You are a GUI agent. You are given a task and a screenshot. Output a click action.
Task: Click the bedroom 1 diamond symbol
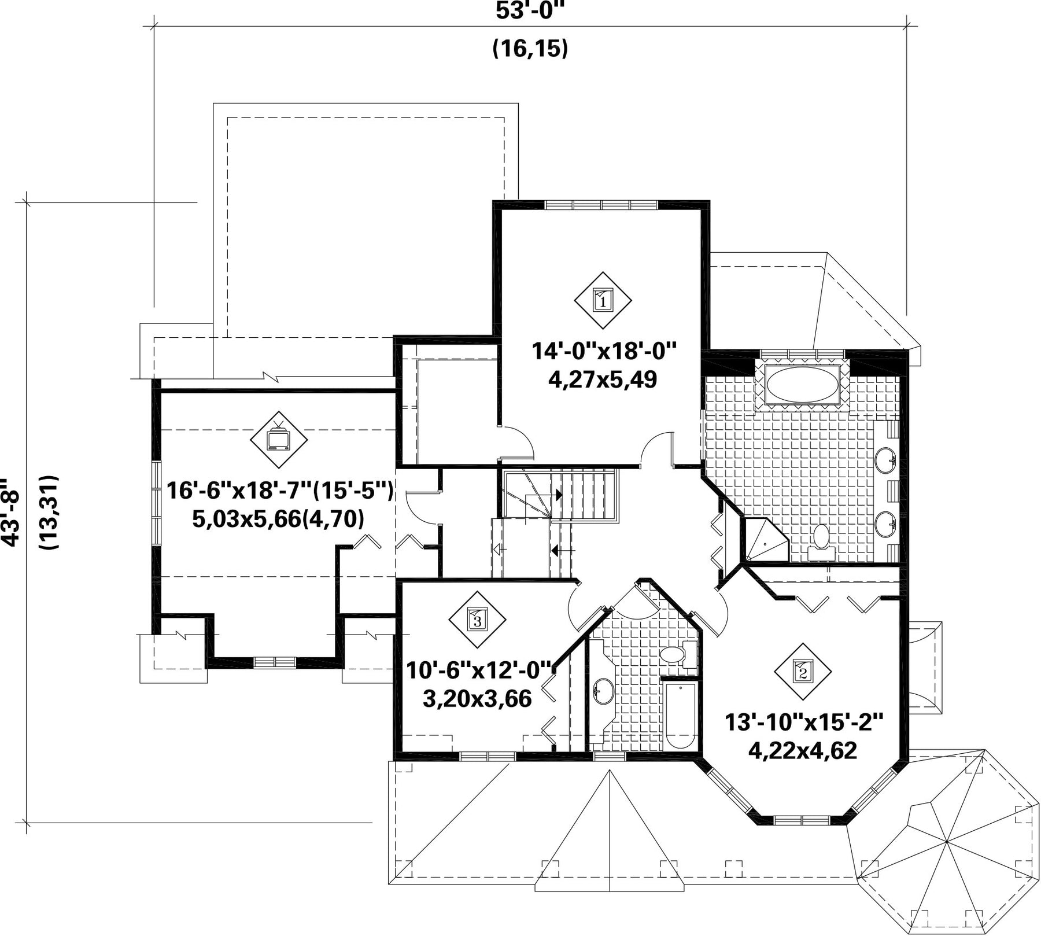pyautogui.click(x=603, y=300)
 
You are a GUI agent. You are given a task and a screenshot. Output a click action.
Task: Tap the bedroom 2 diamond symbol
pyautogui.click(x=803, y=671)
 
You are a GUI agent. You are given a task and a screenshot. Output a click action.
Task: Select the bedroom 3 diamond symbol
pyautogui.click(x=477, y=620)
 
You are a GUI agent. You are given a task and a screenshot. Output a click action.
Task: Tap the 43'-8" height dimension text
pyautogui.click(x=10, y=512)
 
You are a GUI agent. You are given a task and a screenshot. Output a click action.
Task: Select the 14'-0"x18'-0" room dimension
pyautogui.click(x=604, y=351)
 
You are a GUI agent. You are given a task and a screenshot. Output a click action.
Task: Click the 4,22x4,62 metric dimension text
pyautogui.click(x=803, y=750)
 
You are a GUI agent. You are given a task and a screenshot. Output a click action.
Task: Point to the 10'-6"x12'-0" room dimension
pyautogui.click(x=479, y=671)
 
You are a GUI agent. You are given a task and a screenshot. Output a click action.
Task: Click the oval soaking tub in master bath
pyautogui.click(x=802, y=384)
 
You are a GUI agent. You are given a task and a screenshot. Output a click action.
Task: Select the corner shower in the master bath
pyautogui.click(x=765, y=541)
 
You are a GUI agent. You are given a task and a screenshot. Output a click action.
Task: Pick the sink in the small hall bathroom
pyautogui.click(x=603, y=691)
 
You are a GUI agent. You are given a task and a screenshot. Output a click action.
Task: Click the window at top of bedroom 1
pyautogui.click(x=601, y=204)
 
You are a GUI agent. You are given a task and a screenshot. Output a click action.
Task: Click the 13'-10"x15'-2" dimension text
pyautogui.click(x=804, y=723)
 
